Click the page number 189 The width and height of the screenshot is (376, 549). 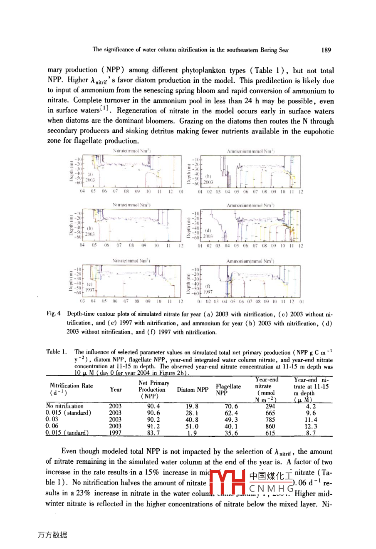pyautogui.click(x=327, y=50)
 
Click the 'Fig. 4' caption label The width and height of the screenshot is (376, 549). pyautogui.click(x=54, y=314)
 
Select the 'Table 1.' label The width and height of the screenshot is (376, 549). pyautogui.click(x=57, y=352)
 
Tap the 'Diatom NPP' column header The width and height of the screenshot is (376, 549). pyautogui.click(x=193, y=390)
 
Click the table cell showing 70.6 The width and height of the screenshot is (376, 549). pyautogui.click(x=231, y=406)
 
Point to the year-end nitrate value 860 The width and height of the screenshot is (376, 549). pyautogui.click(x=270, y=426)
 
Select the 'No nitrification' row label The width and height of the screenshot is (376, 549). pyautogui.click(x=65, y=406)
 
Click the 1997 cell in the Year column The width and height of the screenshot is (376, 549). pyautogui.click(x=115, y=433)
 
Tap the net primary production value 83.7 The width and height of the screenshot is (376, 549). pyautogui.click(x=153, y=433)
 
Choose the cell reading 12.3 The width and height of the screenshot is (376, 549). pyautogui.click(x=311, y=426)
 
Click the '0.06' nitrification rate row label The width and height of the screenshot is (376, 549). pyautogui.click(x=52, y=426)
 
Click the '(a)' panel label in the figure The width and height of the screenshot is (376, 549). pyautogui.click(x=90, y=175)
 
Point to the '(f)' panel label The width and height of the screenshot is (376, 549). pyautogui.click(x=208, y=286)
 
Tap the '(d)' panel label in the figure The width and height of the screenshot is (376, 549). pyautogui.click(x=208, y=230)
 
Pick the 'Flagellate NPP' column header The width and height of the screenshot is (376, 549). pyautogui.click(x=228, y=390)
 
